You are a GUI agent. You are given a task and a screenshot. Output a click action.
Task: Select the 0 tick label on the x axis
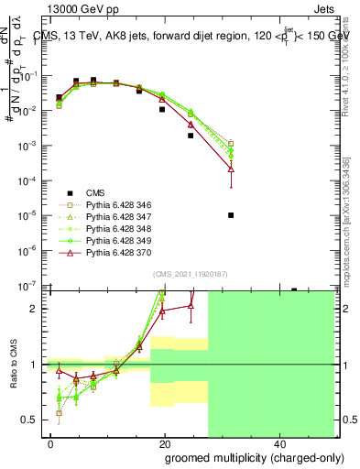pos(51,443)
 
